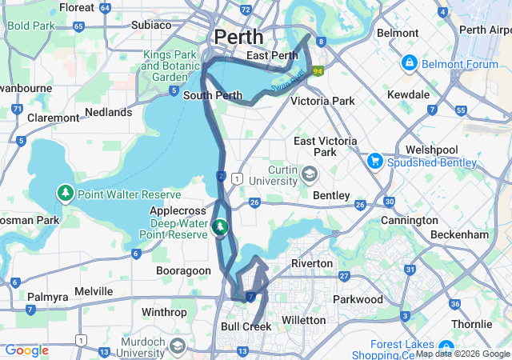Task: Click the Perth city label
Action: tap(238, 37)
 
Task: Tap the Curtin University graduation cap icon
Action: tap(310, 173)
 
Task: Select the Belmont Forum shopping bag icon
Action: tap(410, 62)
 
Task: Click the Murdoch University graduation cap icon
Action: tap(178, 346)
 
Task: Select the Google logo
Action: tap(26, 350)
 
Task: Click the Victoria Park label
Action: tap(322, 102)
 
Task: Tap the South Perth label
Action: tap(213, 95)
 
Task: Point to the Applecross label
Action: tap(178, 210)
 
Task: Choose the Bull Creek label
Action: tap(246, 326)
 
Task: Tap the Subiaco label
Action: tap(151, 25)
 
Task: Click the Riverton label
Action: tap(311, 263)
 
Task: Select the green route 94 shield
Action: tap(318, 70)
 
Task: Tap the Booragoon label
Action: tap(183, 271)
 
